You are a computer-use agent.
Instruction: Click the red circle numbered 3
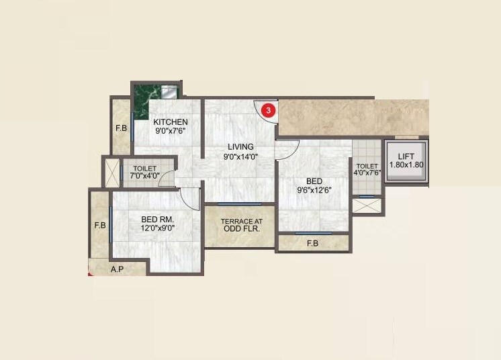coord(269,109)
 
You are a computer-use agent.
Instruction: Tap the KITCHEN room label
coord(171,122)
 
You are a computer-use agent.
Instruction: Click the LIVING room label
coord(240,146)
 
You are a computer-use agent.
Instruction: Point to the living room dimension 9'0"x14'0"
coord(240,156)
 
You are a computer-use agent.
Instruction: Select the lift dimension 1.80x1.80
coord(406,164)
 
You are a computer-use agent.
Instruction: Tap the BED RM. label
coord(158,219)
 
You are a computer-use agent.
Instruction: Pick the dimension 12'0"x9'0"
coord(158,228)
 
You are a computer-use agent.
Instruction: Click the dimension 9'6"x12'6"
coord(314,190)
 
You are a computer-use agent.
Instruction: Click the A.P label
coord(117,269)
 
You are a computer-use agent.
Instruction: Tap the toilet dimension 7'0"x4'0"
coord(145,177)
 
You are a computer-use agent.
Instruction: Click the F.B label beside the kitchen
coord(122,128)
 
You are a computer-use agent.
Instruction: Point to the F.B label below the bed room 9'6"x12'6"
coord(312,243)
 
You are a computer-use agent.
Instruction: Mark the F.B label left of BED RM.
coord(100,225)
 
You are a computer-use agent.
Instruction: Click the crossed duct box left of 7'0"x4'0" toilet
coord(110,172)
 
